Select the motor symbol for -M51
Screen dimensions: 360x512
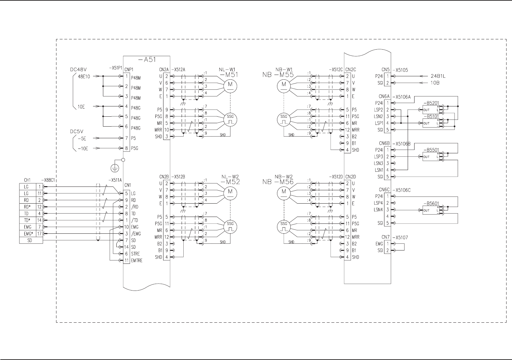tap(230, 85)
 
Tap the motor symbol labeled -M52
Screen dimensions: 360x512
tap(230, 192)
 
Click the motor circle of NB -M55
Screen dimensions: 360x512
tap(284, 85)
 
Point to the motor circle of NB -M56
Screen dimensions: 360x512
tap(284, 192)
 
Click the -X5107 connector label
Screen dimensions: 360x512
tap(400, 237)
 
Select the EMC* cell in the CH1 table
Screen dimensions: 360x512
tap(28, 234)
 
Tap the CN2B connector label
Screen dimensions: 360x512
tap(164, 177)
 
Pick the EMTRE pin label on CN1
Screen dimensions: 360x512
tap(137, 260)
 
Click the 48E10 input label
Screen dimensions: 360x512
tap(84, 77)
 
